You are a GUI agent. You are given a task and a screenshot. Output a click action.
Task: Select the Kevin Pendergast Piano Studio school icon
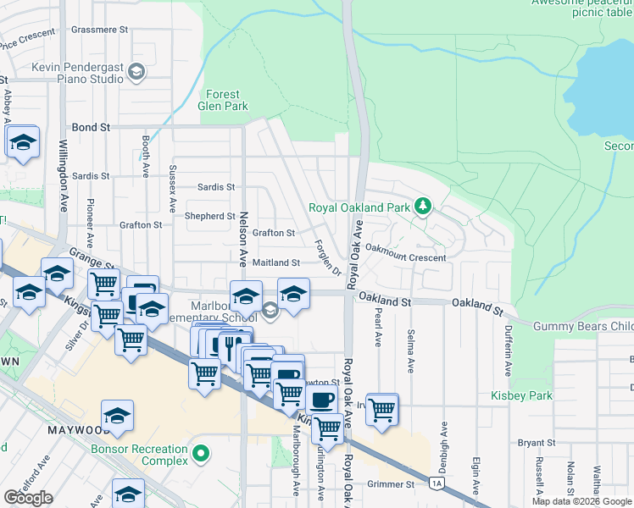[x=136, y=73]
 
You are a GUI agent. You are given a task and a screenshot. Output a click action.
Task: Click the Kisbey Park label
[x=521, y=395]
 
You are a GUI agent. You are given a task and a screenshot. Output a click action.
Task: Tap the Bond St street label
[x=92, y=127]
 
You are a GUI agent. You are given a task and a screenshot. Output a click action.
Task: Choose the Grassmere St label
[x=99, y=29]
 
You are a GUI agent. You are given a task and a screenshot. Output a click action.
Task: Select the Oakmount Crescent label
[x=405, y=257]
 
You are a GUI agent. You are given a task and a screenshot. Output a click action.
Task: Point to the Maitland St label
[x=276, y=263]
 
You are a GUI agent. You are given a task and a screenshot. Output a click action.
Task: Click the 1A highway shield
[x=437, y=483]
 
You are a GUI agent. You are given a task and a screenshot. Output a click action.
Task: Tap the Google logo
[x=29, y=498]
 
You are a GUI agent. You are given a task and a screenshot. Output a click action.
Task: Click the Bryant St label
[x=536, y=443]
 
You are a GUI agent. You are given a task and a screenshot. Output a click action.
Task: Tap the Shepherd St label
[x=210, y=216]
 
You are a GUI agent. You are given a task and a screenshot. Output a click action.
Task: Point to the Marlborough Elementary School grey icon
[x=270, y=312]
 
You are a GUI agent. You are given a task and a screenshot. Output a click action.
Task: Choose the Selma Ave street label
[x=410, y=351]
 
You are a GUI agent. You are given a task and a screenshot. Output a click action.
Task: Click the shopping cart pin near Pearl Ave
[x=383, y=410]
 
